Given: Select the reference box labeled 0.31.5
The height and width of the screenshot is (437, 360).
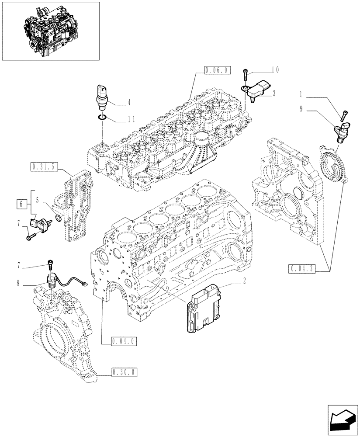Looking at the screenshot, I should click(x=44, y=166).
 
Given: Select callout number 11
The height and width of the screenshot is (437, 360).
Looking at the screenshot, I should click(x=132, y=119).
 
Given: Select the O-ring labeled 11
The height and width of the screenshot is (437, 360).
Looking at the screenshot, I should click(x=102, y=117).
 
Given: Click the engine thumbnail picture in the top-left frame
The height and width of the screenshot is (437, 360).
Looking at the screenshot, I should click(x=50, y=31).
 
